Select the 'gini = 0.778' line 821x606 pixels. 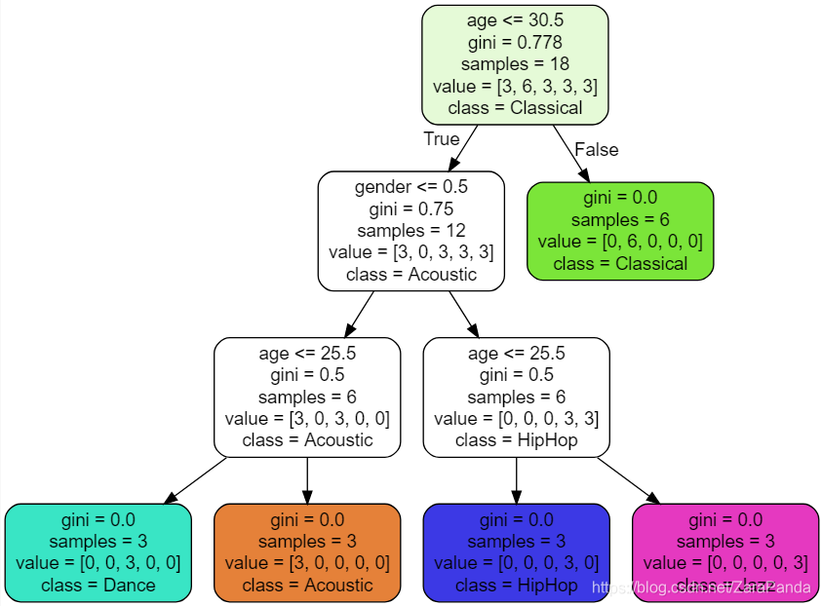pos(515,43)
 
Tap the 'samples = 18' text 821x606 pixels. pos(515,64)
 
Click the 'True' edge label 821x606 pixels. pos(441,138)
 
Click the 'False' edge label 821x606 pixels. pos(596,149)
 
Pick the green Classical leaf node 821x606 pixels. pos(620,231)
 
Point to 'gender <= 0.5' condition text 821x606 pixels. pos(410,186)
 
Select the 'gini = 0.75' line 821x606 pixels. pos(410,208)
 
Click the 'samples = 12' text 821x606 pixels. pos(410,230)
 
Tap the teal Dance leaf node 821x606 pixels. pos(98,551)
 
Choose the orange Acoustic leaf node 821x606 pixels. pos(307,551)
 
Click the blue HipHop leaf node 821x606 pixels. pos(516,551)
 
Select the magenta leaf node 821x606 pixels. pos(724,551)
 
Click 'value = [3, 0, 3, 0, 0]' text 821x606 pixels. pos(307,418)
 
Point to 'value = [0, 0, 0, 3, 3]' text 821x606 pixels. pos(516,418)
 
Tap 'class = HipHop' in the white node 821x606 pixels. pos(516,439)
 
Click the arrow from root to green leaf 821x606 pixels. pos(571,153)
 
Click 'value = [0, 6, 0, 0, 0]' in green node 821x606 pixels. pos(620,242)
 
